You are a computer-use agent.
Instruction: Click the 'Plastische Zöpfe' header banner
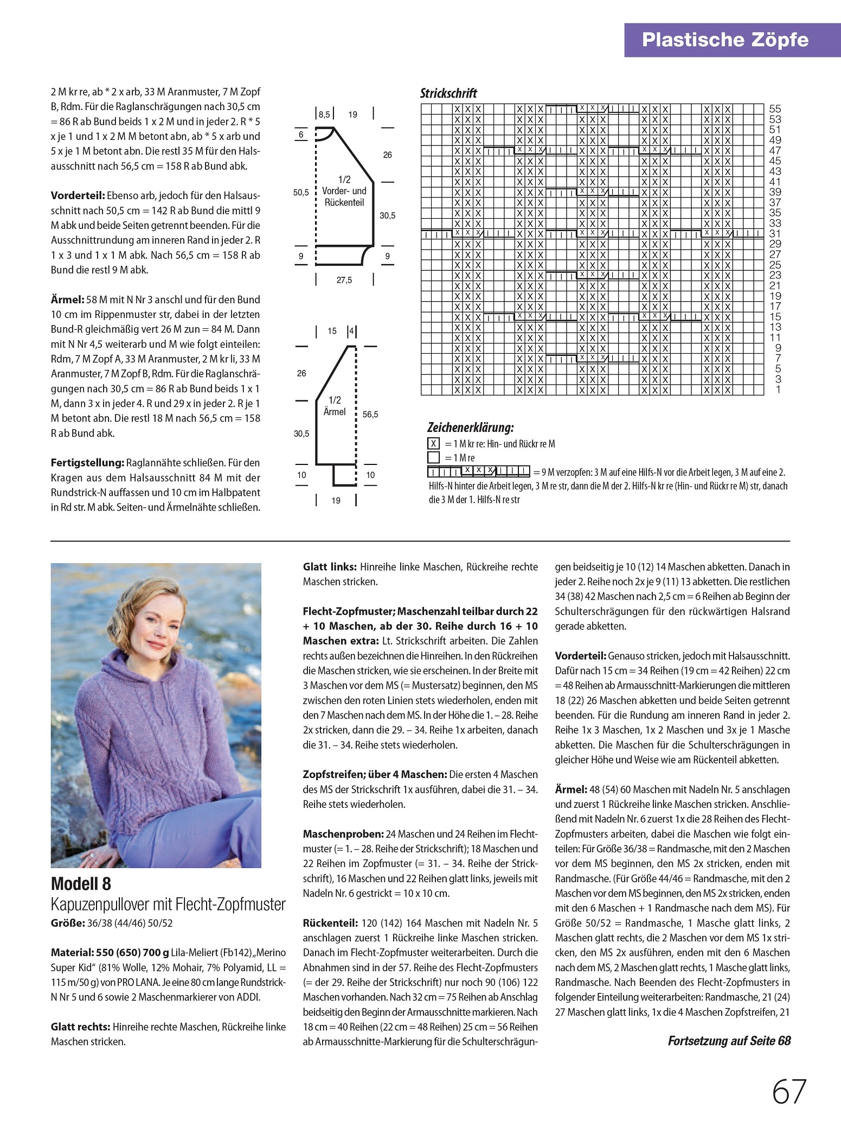[x=724, y=40]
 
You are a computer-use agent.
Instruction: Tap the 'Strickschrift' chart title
[x=448, y=93]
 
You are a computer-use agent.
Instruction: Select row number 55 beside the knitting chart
[x=775, y=109]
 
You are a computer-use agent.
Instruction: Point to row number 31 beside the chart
[x=775, y=234]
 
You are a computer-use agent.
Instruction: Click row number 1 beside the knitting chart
[x=778, y=390]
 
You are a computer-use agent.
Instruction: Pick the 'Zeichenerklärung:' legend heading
[x=470, y=428]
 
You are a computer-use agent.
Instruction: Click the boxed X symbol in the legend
[x=433, y=444]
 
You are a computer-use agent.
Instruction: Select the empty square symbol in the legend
[x=433, y=458]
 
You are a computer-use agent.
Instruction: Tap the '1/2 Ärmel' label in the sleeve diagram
[x=335, y=406]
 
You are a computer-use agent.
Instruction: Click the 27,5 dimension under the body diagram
[x=344, y=280]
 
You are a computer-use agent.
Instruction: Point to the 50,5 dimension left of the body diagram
[x=301, y=193]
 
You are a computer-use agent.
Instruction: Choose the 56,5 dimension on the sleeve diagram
[x=370, y=415]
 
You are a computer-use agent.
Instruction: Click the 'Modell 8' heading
[x=81, y=884]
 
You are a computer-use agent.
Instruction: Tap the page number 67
[x=789, y=1092]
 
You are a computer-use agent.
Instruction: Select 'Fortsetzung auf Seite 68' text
[x=729, y=1041]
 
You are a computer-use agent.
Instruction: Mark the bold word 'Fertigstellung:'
[x=87, y=463]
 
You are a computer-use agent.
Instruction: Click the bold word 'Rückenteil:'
[x=330, y=923]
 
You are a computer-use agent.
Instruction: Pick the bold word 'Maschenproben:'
[x=343, y=833]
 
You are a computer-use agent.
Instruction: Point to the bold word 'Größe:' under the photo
[x=68, y=923]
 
